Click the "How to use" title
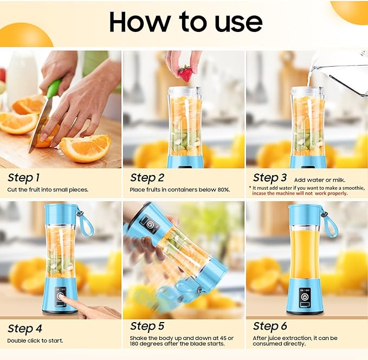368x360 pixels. click(185, 22)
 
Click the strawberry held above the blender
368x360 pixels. click(185, 73)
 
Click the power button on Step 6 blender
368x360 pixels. click(307, 297)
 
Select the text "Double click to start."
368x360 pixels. click(35, 340)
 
